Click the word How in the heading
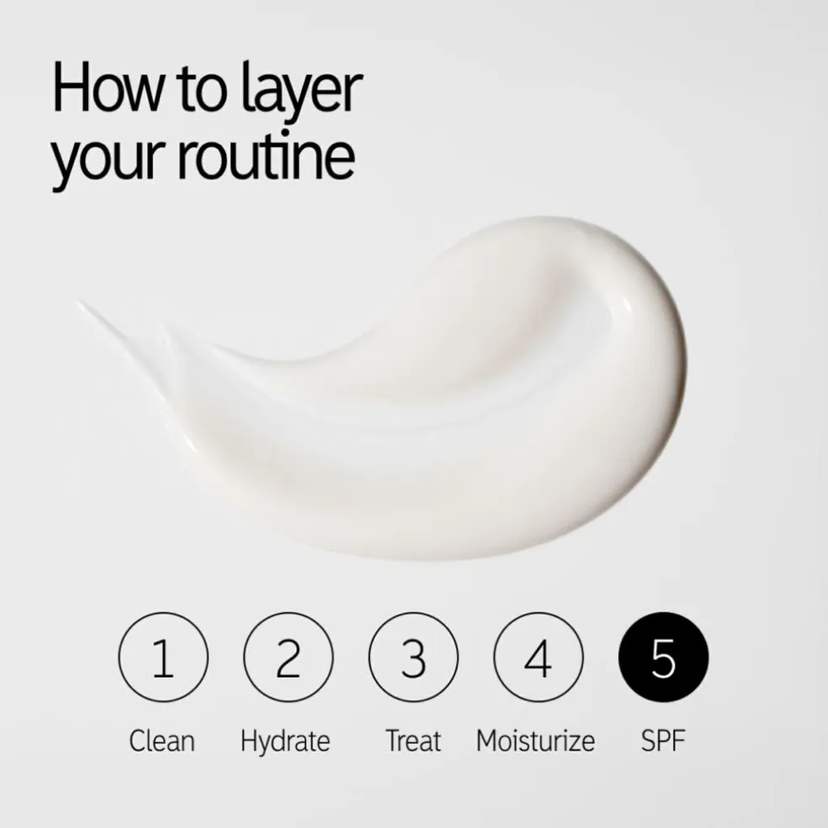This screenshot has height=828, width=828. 109,88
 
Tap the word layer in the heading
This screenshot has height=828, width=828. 302,92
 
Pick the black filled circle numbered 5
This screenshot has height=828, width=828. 663,657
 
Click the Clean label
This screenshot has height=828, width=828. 162,740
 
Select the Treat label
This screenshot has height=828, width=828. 413,740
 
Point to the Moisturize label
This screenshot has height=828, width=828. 535,740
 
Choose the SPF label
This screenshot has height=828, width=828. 663,740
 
